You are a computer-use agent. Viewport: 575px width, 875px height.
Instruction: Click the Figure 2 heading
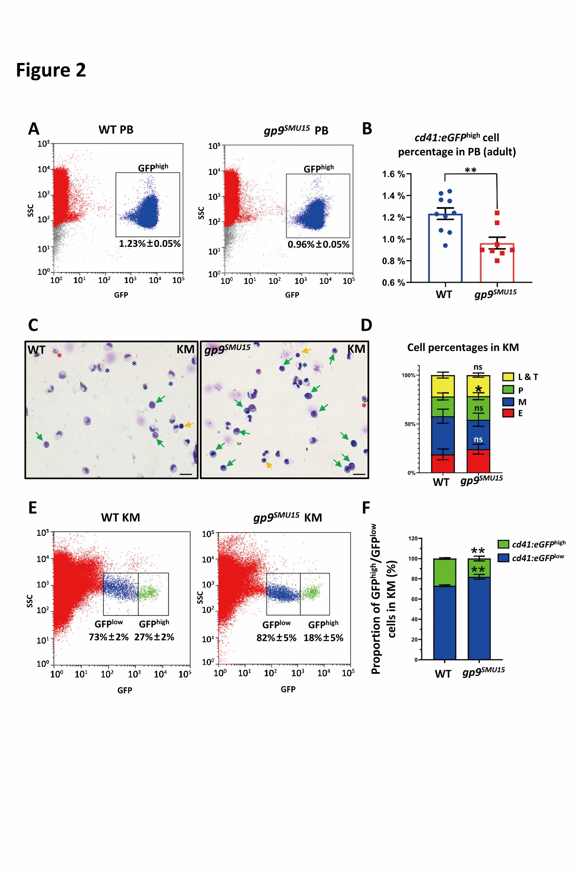coord(51,70)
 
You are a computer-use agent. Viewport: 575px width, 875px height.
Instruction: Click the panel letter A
coord(34,129)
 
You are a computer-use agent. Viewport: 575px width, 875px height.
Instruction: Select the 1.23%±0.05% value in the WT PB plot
coord(150,244)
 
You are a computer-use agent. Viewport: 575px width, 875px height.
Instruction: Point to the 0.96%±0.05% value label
coord(319,245)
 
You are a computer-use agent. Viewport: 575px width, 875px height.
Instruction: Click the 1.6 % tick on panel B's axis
coord(393,174)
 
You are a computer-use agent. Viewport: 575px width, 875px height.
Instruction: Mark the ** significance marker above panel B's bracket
coord(470,170)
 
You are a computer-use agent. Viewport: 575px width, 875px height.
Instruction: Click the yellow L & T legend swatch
coord(508,377)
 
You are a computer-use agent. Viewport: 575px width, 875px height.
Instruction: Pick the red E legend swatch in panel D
coord(508,413)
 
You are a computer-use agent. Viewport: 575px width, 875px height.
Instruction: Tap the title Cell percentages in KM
coord(463,347)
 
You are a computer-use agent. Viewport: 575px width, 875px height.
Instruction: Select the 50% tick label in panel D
coord(410,424)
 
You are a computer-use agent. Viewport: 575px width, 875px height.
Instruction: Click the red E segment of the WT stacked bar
coord(443,464)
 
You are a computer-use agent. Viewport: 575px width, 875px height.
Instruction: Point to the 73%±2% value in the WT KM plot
coord(109,637)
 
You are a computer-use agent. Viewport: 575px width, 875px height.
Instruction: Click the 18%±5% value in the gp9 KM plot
coord(323,638)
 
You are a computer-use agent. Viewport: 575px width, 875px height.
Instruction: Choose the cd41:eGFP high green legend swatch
coord(503,544)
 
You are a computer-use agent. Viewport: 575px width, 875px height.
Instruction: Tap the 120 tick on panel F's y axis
coord(412,538)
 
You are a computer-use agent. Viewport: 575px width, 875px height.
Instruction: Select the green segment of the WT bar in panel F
coord(445,572)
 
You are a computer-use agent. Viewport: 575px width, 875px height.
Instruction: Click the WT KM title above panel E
coord(121,518)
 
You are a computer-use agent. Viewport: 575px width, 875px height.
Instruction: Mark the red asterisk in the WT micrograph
coord(59,356)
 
